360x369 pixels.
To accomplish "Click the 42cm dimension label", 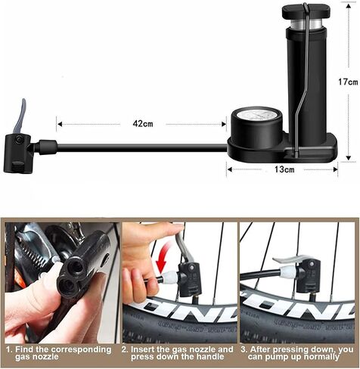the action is pyautogui.click(x=143, y=123).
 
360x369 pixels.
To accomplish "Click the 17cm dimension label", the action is pyautogui.click(x=348, y=82).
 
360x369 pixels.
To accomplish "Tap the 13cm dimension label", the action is pyautogui.click(x=284, y=169).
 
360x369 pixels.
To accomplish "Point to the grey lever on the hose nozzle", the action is pyautogui.click(x=20, y=114).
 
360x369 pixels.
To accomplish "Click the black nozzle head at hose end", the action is pyautogui.click(x=18, y=153).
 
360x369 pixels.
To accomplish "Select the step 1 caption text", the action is pyautogui.click(x=59, y=353).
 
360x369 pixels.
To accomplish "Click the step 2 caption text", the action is pyautogui.click(x=178, y=353).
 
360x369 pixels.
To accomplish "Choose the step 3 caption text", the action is pyautogui.click(x=297, y=353).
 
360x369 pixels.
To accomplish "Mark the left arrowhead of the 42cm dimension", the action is pyautogui.click(x=60, y=124).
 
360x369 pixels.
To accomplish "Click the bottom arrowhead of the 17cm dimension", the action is pyautogui.click(x=348, y=158).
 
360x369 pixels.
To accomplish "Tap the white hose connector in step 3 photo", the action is pyautogui.click(x=287, y=271).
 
